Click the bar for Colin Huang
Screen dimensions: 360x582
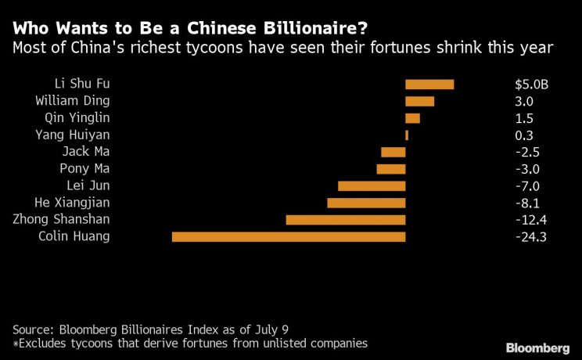coord(289,236)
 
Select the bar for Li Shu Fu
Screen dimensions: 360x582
coord(429,84)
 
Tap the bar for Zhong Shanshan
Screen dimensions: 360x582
coord(346,220)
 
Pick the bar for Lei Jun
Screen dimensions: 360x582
coord(372,186)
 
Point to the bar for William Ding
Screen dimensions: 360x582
coord(419,101)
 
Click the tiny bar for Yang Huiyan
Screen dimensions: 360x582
coord(407,135)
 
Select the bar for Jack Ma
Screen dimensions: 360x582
coord(393,152)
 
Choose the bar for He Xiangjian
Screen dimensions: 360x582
coord(366,203)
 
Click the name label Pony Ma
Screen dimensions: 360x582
coord(84,169)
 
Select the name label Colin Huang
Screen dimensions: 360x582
coord(74,237)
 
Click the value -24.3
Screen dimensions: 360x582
coord(530,237)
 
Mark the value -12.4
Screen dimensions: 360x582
coord(530,220)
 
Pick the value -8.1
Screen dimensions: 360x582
coord(525,203)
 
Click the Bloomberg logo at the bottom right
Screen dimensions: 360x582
coord(537,347)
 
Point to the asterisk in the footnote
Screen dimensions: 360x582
coord(15,343)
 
